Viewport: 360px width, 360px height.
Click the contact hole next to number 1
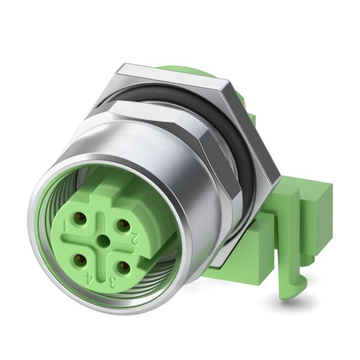click(80, 219)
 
